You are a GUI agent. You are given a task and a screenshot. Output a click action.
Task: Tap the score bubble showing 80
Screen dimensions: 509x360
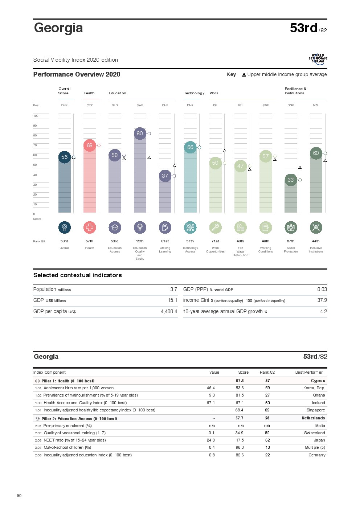[x=140, y=134]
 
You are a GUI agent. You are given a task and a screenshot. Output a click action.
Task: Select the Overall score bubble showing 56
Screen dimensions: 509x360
[x=64, y=157]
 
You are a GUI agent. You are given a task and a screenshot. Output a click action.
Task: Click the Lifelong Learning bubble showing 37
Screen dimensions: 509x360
[x=165, y=176]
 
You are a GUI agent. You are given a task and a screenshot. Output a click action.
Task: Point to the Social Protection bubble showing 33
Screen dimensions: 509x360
[x=291, y=180]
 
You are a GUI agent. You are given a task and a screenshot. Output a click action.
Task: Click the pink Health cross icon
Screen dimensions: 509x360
[x=90, y=227]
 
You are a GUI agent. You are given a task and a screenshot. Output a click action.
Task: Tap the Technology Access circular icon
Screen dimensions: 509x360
[x=190, y=227]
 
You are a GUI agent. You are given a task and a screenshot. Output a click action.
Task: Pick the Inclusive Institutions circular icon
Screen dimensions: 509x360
[x=316, y=227]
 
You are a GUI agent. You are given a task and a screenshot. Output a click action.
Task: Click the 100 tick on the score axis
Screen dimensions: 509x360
[x=36, y=116]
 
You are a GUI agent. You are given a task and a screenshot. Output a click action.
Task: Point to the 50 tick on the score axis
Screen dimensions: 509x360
[x=35, y=165]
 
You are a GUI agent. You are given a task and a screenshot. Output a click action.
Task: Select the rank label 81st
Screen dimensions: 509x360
[x=165, y=241]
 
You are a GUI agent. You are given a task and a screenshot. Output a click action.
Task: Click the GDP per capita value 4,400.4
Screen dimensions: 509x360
[x=169, y=312]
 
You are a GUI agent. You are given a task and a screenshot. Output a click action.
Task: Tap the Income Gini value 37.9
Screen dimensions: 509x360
[x=322, y=300]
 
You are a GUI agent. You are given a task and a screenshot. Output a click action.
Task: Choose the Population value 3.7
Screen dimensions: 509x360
[x=173, y=290]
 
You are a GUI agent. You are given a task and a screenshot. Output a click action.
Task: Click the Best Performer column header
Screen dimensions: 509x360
[x=309, y=373]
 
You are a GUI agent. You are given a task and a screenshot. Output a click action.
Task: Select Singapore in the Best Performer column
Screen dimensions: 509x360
[x=316, y=410]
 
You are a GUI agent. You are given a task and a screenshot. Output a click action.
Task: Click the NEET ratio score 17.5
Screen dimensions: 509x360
[x=240, y=440]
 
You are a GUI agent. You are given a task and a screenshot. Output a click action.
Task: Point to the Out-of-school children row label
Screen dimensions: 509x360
[x=67, y=448]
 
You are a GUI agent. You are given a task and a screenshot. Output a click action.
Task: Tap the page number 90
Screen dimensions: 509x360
[x=19, y=496]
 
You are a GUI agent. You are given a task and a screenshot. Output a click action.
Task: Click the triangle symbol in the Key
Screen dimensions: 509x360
[x=244, y=75]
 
